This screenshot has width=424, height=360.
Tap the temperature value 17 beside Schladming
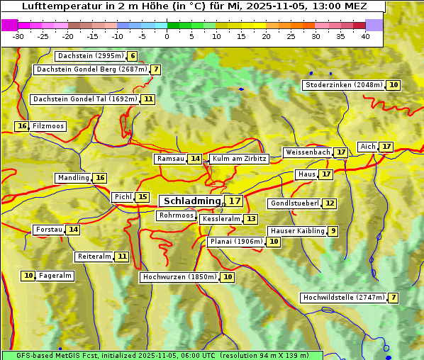tap(234, 201)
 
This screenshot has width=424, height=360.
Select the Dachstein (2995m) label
tap(90, 56)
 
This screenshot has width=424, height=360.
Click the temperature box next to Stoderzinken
tap(394, 85)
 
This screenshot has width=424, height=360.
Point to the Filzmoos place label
tap(48, 126)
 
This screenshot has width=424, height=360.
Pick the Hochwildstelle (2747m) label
tap(343, 298)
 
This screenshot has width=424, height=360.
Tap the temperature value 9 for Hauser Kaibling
tap(333, 231)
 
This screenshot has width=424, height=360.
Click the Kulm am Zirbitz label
tap(239, 159)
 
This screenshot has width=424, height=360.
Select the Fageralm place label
tap(55, 276)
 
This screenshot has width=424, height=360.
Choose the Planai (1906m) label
tap(236, 242)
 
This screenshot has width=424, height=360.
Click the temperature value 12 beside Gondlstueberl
tap(330, 203)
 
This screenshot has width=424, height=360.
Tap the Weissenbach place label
tap(307, 152)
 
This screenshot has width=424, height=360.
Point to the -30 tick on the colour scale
tap(18, 36)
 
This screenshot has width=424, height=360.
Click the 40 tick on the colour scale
tap(365, 36)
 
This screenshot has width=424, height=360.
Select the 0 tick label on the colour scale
tap(167, 36)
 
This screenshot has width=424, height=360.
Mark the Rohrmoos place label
tap(176, 215)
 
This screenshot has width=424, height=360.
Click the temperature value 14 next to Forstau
tap(73, 230)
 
